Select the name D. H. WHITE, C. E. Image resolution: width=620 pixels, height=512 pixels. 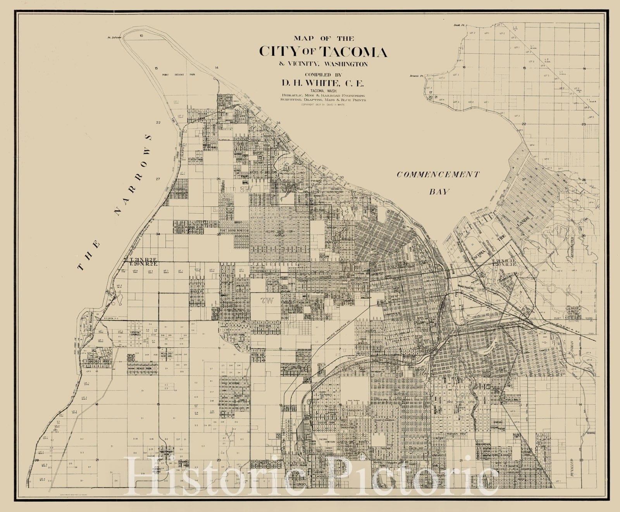[x=324, y=82]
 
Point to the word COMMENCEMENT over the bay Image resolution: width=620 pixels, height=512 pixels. [x=437, y=175]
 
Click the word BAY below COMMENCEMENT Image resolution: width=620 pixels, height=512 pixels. [x=439, y=191]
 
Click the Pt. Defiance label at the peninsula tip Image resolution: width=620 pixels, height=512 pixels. [x=114, y=38]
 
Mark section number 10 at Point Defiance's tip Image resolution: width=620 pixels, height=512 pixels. [x=141, y=35]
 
